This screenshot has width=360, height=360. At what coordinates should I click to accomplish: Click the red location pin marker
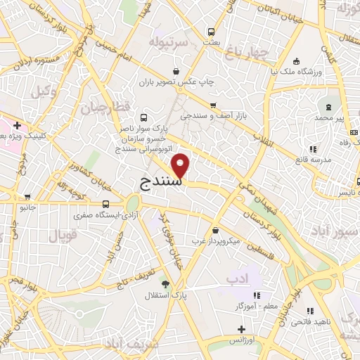181,165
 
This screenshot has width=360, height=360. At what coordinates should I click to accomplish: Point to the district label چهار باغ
253,51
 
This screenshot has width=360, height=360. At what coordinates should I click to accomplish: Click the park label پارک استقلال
190,296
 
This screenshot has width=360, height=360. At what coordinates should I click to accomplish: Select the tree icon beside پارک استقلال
165,283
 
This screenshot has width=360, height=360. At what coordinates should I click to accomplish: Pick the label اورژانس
240,340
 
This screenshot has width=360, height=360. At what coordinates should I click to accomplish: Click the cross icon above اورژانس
240,329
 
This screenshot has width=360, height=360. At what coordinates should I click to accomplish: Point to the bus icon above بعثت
210,32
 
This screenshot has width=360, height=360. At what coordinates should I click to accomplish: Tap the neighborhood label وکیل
44,91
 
